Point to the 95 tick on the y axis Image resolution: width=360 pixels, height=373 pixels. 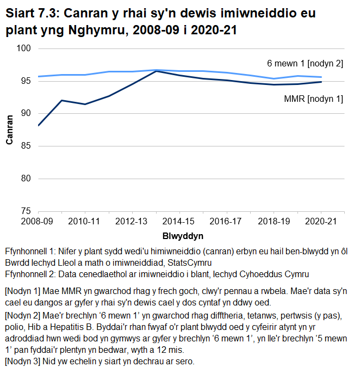tap(25, 81)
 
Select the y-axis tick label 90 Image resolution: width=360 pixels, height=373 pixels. tap(25, 113)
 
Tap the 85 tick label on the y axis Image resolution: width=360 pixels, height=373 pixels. tap(25, 146)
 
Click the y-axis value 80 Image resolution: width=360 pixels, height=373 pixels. tap(25, 178)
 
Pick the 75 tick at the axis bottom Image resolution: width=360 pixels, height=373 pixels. tap(25, 211)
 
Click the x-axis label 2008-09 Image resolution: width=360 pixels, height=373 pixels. tap(38, 222)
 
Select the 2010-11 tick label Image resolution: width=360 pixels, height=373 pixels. tap(85, 222)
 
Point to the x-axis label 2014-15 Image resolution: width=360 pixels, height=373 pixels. tap(179, 222)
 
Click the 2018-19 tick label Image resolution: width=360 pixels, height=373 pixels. tap(274, 222)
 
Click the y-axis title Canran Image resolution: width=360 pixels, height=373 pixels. tap(9, 130)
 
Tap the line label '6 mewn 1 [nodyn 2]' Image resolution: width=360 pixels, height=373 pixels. tap(305, 64)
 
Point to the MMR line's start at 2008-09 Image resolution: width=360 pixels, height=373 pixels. tap(38, 125)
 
